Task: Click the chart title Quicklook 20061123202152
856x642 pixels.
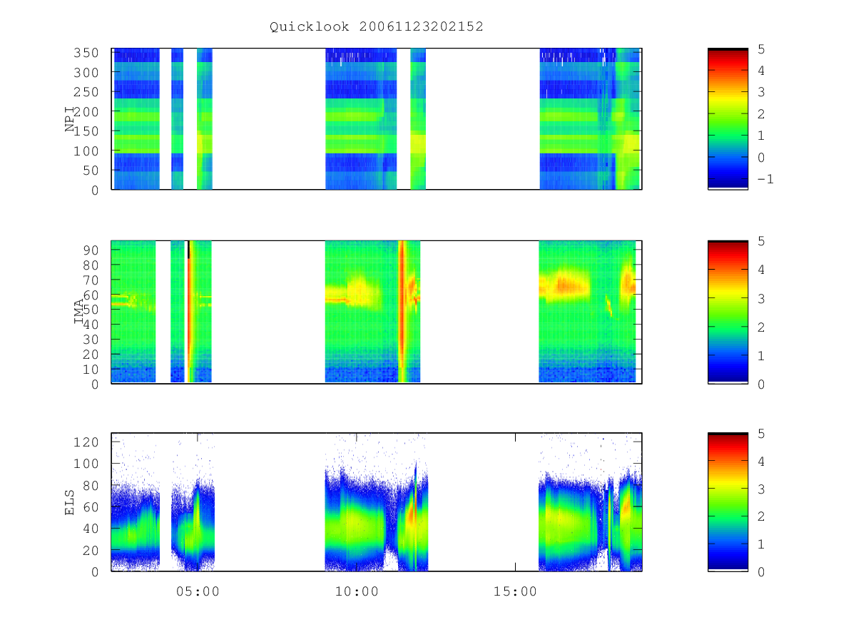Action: click(377, 26)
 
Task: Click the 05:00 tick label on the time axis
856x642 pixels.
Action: click(198, 591)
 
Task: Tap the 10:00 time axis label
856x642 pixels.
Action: click(357, 591)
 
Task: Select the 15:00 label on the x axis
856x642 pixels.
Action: click(515, 591)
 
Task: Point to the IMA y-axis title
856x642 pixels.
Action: click(79, 312)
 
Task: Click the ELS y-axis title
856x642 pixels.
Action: click(70, 503)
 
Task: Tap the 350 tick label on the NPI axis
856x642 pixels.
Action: click(86, 53)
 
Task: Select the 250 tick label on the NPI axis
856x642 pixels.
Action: click(86, 92)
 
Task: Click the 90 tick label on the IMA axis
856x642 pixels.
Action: click(91, 250)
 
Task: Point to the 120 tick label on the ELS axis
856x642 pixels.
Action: click(86, 442)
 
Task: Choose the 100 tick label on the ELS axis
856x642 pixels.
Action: click(86, 464)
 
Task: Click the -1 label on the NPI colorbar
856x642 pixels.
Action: click(765, 179)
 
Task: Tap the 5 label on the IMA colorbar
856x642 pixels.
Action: click(761, 241)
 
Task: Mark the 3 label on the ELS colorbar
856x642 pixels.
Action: click(761, 489)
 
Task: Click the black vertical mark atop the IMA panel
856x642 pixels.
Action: click(189, 250)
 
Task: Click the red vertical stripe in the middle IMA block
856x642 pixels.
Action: click(402, 312)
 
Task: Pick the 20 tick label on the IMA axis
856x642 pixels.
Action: click(91, 355)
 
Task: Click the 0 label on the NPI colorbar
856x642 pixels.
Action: click(761, 158)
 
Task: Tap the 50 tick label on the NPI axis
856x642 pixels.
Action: click(91, 170)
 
